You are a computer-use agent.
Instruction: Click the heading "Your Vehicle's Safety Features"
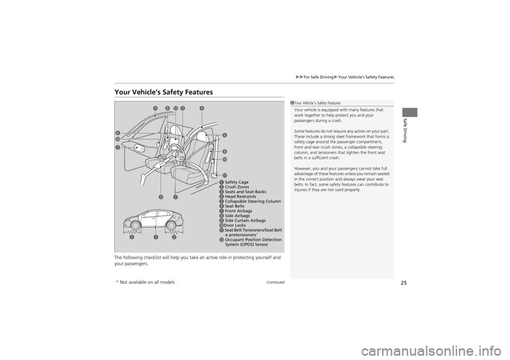(x=164, y=92)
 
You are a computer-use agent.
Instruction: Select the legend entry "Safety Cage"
(x=236, y=182)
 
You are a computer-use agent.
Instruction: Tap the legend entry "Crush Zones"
(x=237, y=187)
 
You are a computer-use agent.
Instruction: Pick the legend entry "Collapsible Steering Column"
(x=253, y=201)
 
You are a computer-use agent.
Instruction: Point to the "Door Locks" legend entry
(x=235, y=225)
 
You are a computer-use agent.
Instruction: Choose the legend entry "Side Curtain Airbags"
(x=245, y=220)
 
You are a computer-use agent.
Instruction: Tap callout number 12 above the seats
(x=175, y=108)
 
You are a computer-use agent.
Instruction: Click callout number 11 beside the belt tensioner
(x=225, y=175)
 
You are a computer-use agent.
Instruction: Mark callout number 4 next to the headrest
(x=225, y=135)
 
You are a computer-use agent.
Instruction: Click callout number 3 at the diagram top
(x=182, y=108)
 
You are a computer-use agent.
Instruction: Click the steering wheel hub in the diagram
(x=174, y=154)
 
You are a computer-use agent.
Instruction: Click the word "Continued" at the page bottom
(x=275, y=282)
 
